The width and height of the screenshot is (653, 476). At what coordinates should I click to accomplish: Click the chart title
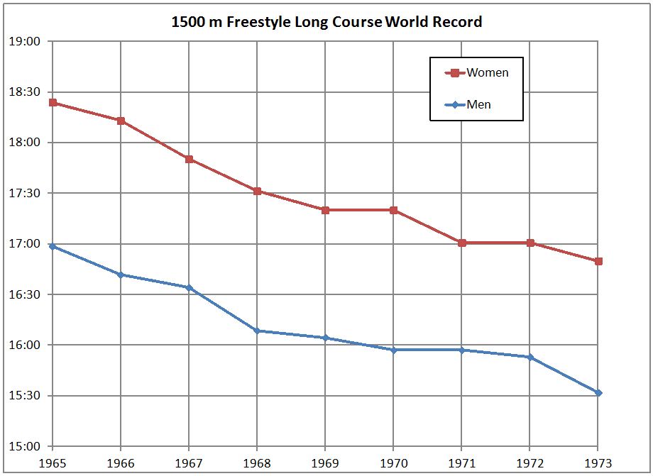click(326, 22)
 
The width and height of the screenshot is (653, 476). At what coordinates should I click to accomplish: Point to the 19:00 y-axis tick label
click(25, 41)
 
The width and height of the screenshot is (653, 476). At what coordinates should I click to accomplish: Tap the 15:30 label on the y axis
click(25, 396)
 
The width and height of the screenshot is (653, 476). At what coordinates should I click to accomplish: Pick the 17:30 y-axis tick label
click(25, 193)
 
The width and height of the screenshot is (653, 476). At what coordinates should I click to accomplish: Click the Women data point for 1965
click(53, 103)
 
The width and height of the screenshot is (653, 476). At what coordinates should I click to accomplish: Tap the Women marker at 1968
click(257, 191)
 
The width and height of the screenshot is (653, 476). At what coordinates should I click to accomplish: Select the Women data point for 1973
click(598, 261)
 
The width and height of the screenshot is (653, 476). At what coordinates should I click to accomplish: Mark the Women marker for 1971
click(462, 243)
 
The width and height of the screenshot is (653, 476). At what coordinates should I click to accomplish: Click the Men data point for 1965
click(53, 246)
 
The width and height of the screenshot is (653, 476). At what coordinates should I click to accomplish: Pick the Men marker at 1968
click(257, 331)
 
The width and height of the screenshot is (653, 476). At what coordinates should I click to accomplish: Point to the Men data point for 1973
click(598, 393)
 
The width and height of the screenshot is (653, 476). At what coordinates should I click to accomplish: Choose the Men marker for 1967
click(189, 287)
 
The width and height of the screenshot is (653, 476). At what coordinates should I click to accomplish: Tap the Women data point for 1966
click(121, 121)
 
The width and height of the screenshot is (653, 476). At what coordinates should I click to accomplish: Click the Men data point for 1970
click(394, 350)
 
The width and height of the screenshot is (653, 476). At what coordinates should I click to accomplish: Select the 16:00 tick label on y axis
click(25, 345)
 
